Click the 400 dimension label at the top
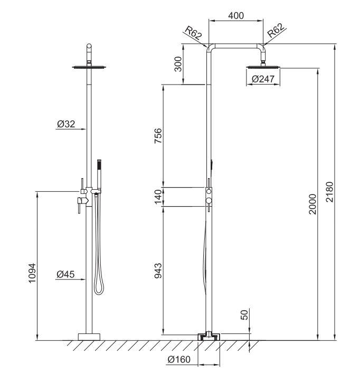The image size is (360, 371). tap(235, 16)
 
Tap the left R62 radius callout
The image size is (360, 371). tap(193, 33)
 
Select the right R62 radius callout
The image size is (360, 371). tap(276, 30)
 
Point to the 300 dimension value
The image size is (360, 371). tap(178, 64)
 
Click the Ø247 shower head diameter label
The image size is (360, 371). tap(263, 79)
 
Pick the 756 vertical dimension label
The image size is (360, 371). tap(158, 136)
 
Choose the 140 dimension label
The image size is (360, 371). tap(158, 197)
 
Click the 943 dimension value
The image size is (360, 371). tap(158, 271)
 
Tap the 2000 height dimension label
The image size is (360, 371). tap(312, 204)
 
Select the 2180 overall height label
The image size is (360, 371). tap(329, 192)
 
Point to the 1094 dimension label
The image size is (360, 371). tap(32, 273)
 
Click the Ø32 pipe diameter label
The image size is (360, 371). tap(66, 124)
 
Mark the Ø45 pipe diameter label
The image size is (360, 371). tap(65, 274)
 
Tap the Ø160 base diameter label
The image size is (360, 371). tap(179, 359)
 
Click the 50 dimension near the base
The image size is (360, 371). tap(244, 314)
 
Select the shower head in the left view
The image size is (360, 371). tap(89, 67)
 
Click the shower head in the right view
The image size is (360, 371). tap(263, 67)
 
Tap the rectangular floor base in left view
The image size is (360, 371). tap(89, 337)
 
